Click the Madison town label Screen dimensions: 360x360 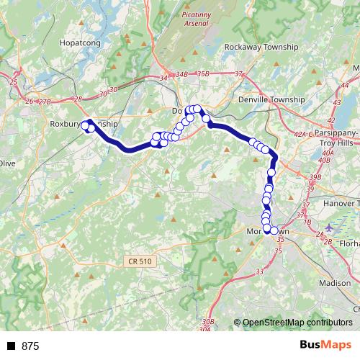click(334, 284)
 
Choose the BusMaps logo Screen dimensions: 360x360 click(325, 346)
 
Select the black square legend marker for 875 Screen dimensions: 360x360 click(11, 346)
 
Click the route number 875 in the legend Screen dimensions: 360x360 click(30, 346)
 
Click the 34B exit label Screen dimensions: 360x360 click(182, 73)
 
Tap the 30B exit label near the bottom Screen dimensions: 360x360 click(207, 320)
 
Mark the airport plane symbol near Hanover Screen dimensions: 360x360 click(329, 229)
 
